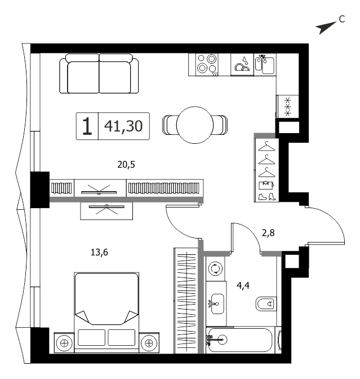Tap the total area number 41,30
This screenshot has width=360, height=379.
[123, 126]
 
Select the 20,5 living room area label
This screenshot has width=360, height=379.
[126, 165]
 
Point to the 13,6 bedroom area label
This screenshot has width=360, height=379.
[99, 252]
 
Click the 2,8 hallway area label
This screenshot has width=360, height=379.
[268, 233]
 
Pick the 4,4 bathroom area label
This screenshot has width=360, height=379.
[243, 286]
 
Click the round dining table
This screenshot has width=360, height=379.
[195, 125]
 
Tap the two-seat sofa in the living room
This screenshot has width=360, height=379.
[99, 73]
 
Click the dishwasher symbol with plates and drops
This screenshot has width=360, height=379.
[242, 64]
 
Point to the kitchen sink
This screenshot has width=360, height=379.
[265, 64]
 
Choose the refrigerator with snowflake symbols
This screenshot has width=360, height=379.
[287, 107]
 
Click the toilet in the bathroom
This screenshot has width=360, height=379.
[266, 304]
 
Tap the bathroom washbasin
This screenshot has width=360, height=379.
[217, 304]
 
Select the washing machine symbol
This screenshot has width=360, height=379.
[215, 268]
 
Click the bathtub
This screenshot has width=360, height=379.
[241, 340]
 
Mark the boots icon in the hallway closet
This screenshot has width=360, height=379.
[267, 196]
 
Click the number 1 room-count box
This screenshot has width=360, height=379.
[87, 126]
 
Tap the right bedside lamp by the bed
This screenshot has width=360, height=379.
[149, 343]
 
